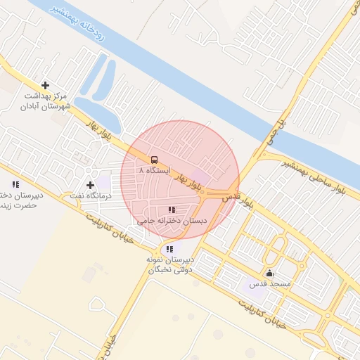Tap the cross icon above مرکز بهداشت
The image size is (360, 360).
[46, 84]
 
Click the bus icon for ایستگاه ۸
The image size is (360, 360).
[155, 159]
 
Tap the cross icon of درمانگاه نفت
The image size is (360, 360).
[90, 185]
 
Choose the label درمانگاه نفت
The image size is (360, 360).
[88, 195]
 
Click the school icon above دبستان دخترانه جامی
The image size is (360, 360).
[172, 210]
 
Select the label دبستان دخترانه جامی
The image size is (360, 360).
[172, 220]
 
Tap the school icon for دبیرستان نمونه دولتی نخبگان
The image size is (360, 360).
[169, 249]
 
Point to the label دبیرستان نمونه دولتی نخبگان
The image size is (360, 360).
[169, 264]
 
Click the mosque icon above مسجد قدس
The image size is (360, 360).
[269, 274]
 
